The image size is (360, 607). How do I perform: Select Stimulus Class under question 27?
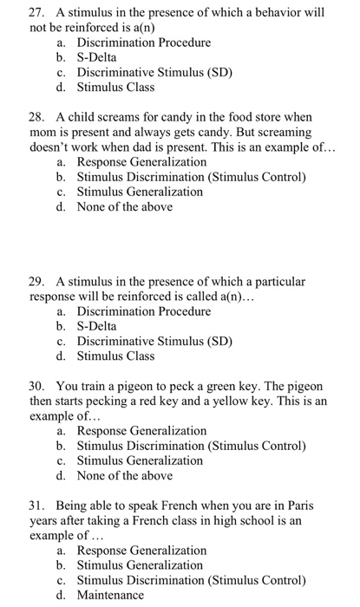(115, 87)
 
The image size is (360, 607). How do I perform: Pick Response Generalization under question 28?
(141, 161)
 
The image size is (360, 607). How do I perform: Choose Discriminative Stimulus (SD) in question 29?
(154, 341)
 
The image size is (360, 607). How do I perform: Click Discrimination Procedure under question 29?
(143, 310)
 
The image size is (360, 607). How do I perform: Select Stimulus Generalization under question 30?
(140, 460)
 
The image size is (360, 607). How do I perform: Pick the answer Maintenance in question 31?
(110, 595)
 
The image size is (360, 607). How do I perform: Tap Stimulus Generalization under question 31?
(140, 565)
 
